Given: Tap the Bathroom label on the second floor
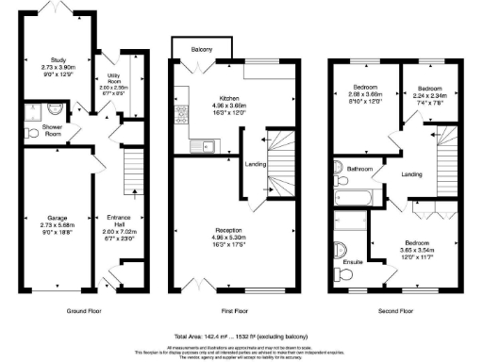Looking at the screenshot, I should (x=360, y=170).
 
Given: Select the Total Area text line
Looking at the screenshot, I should (x=241, y=336).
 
